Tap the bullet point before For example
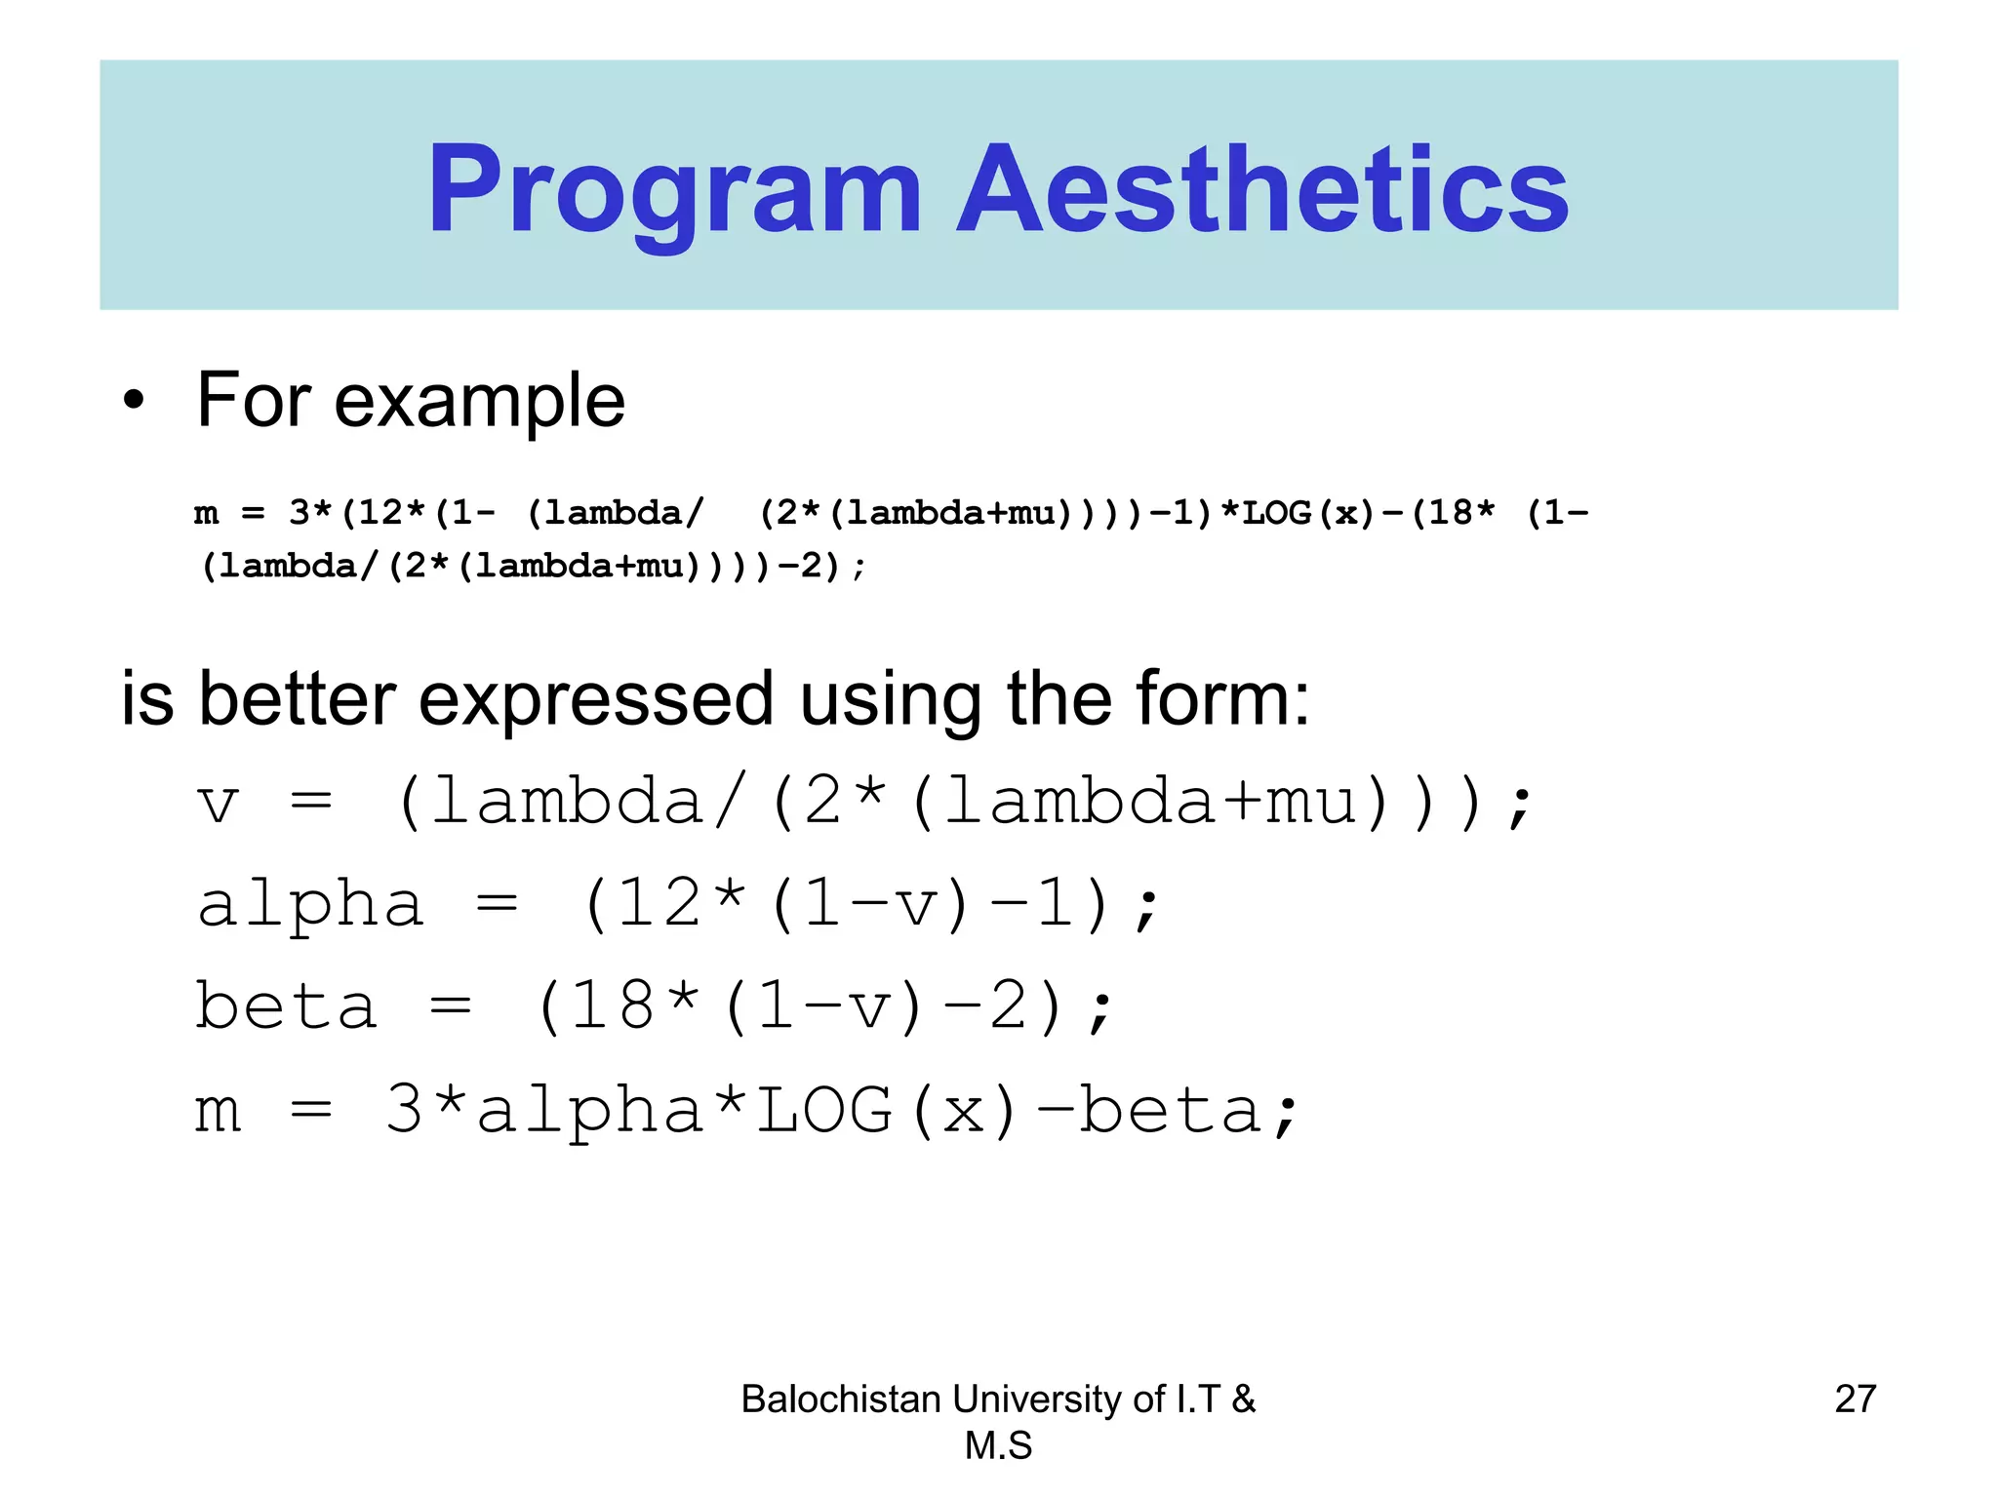[x=134, y=401]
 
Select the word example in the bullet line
[x=479, y=401]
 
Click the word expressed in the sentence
[x=596, y=699]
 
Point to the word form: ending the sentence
[x=1222, y=699]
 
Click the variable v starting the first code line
[x=217, y=805]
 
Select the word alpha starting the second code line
[x=310, y=904]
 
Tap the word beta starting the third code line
[x=286, y=1006]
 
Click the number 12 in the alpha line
[x=659, y=904]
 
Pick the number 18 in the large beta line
[x=612, y=1006]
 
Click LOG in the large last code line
[x=824, y=1110]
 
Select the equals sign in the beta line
[x=451, y=1006]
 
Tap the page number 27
[x=1855, y=1399]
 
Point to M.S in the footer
[x=998, y=1445]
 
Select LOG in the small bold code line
[x=1276, y=513]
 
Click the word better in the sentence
[x=297, y=699]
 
